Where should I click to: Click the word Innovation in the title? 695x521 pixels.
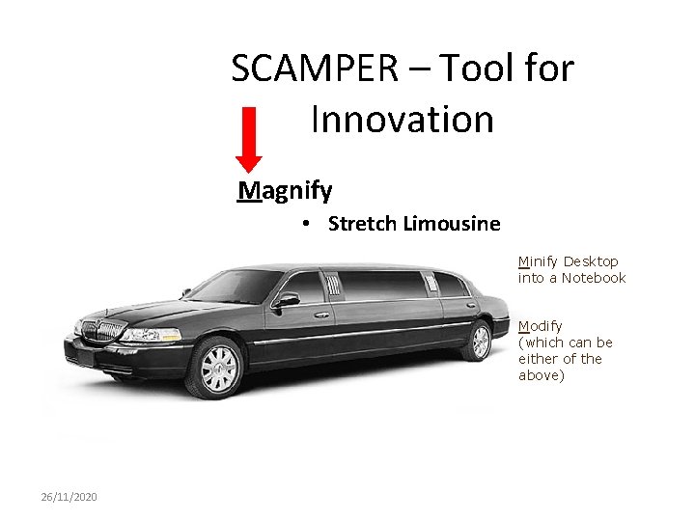point(403,120)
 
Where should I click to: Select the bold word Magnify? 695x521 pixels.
point(286,190)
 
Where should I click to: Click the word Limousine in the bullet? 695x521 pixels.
point(453,224)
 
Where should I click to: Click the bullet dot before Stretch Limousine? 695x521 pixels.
point(304,224)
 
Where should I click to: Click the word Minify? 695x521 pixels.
point(539,261)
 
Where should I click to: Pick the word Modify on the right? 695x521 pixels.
point(541,326)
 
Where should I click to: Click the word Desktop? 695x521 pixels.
point(591,261)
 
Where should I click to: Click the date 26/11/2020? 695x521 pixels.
point(69,497)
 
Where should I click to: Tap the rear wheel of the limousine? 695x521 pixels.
point(479,341)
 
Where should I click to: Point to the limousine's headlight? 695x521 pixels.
point(150,335)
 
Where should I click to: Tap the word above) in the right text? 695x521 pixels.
point(541,375)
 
